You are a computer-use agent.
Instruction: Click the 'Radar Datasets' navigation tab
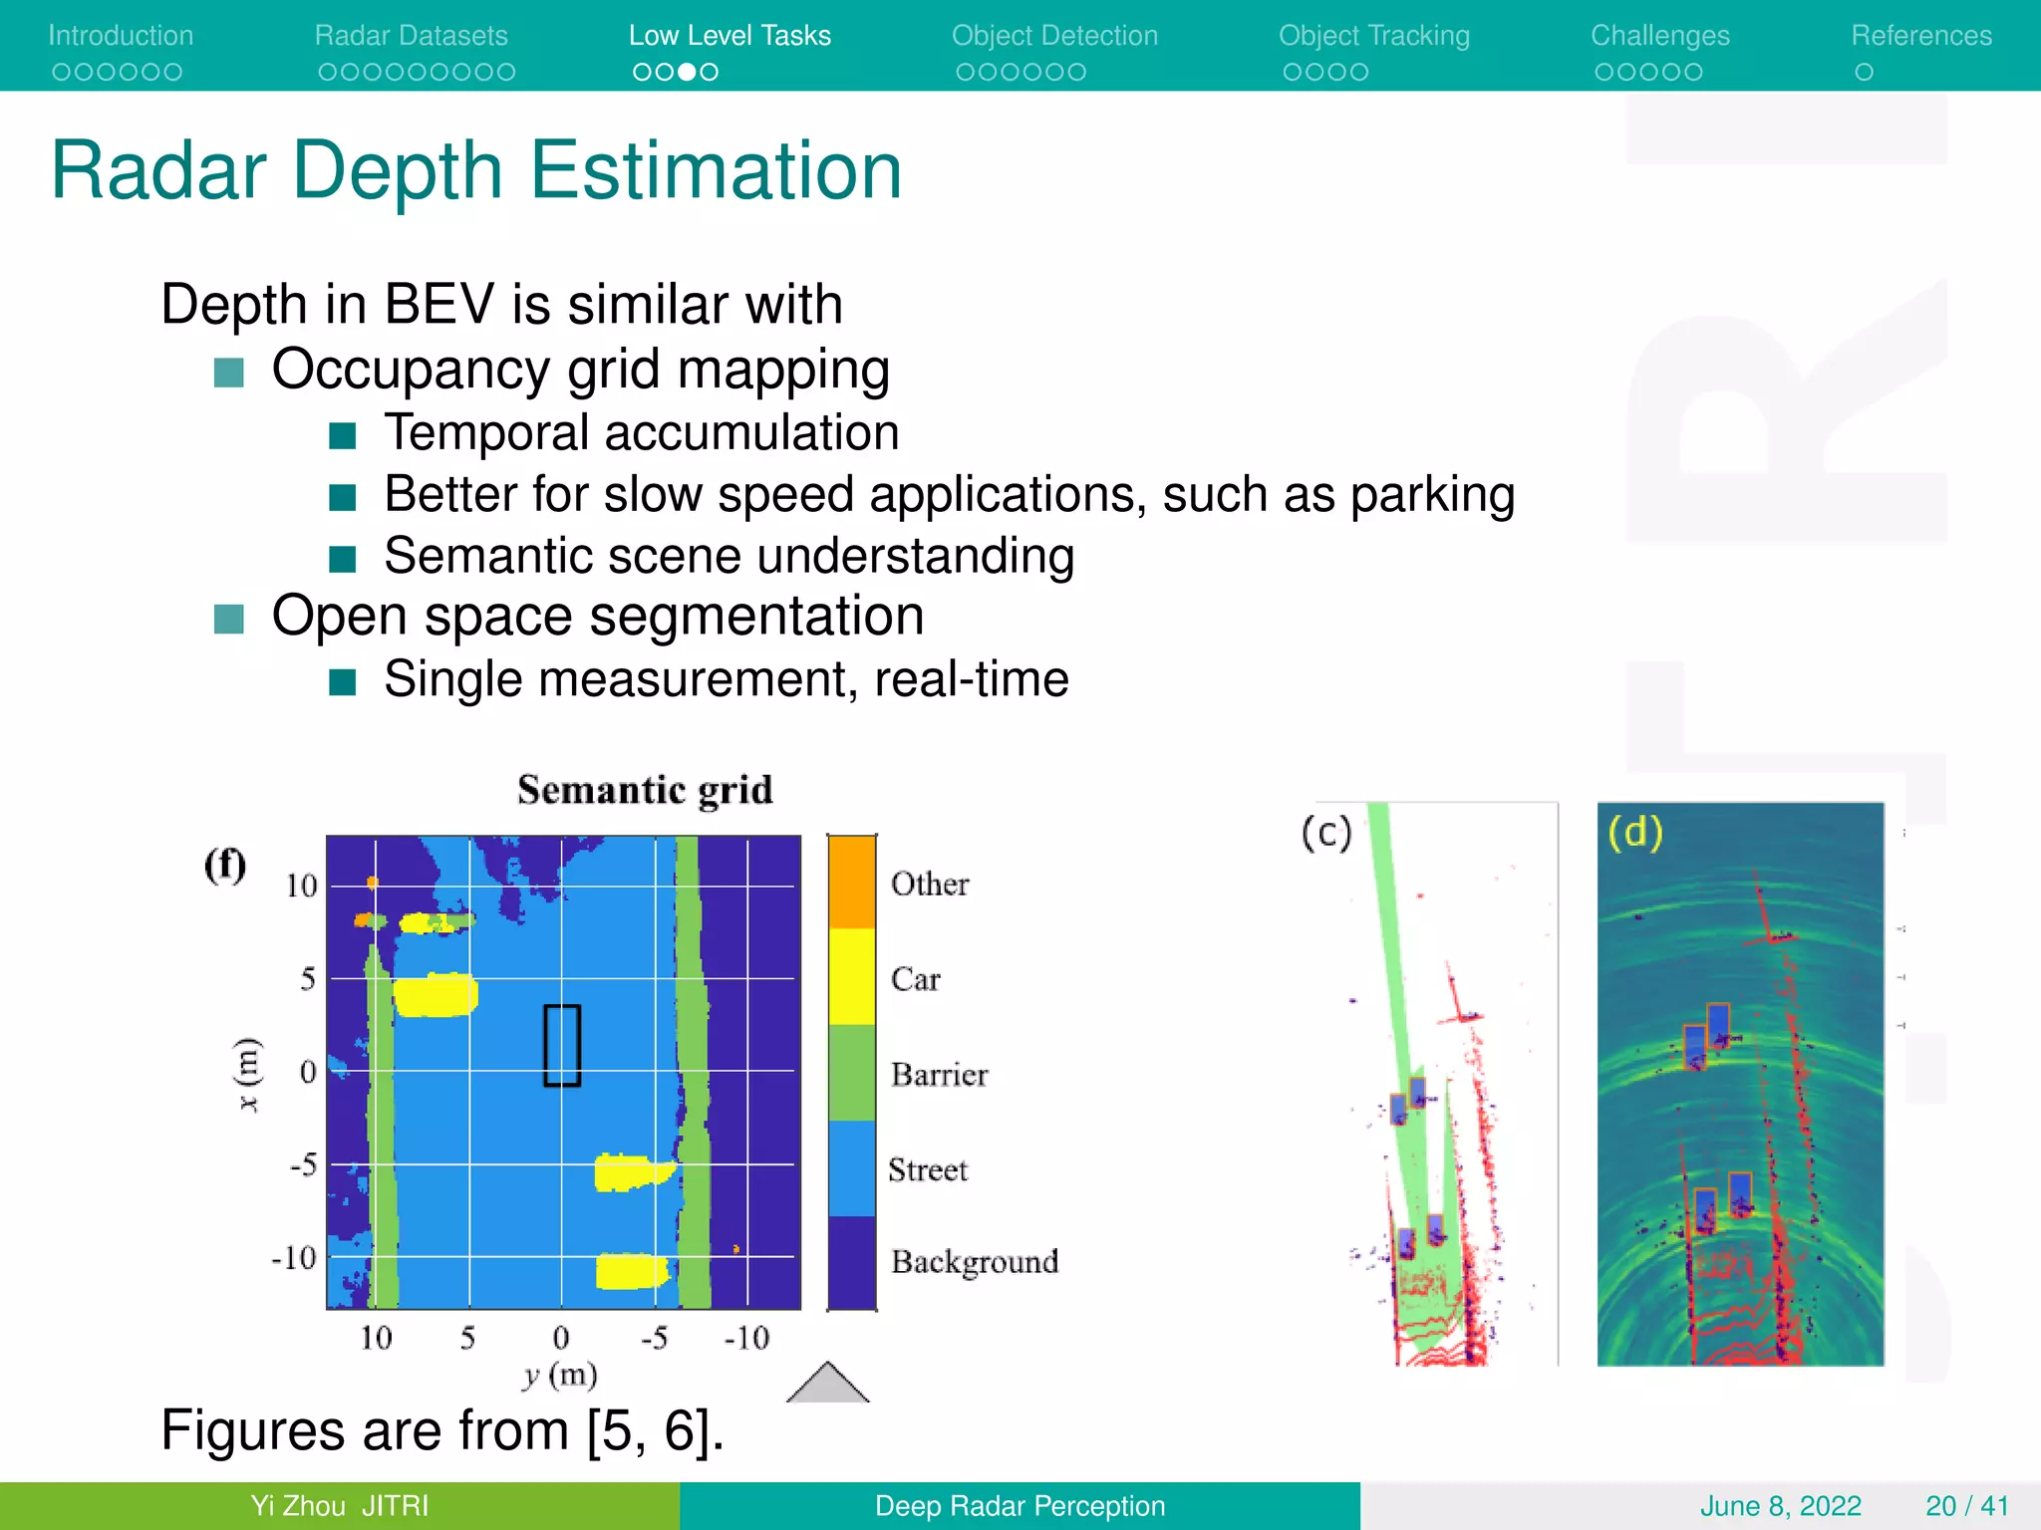(411, 36)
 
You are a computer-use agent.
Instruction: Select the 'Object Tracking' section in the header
(1373, 36)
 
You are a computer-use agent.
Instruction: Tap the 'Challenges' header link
(1659, 36)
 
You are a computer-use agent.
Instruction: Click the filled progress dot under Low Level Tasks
(687, 72)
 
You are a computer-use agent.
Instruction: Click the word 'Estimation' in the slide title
(716, 171)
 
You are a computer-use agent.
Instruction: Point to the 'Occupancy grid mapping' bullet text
(580, 370)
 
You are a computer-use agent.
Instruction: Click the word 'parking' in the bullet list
(1432, 495)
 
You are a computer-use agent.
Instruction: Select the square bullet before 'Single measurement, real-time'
(343, 682)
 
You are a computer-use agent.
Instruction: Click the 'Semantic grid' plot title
(645, 790)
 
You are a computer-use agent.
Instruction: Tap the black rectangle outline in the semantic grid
(562, 1045)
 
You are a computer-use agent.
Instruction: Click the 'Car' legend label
(915, 979)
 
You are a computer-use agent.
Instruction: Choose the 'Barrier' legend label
(939, 1075)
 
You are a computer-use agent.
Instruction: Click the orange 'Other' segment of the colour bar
(852, 883)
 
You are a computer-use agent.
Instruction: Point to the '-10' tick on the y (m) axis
(746, 1338)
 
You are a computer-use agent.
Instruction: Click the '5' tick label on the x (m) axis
(308, 979)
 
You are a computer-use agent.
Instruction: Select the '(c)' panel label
(1326, 833)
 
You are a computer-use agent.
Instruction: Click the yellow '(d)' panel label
(1635, 832)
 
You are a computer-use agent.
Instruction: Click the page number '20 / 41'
(1966, 1506)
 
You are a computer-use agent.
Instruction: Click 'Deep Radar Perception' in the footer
(1020, 1506)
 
